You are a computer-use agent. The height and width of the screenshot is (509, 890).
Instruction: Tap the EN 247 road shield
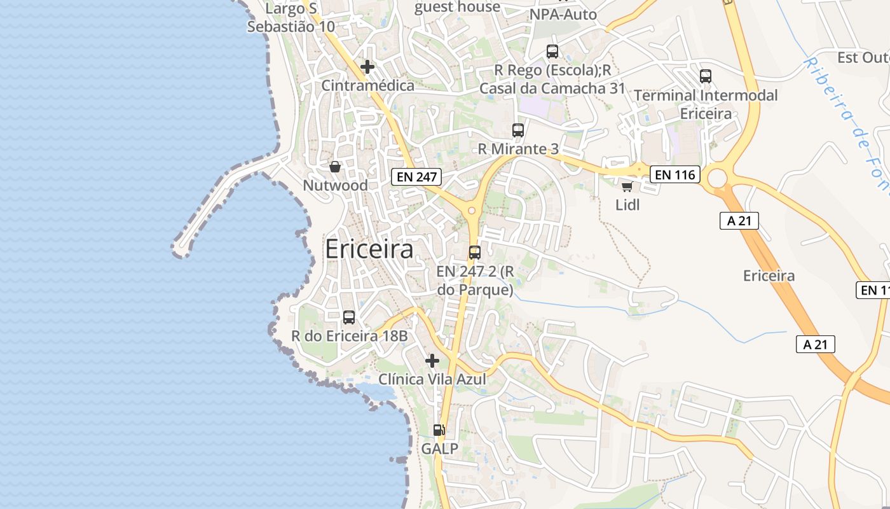point(416,177)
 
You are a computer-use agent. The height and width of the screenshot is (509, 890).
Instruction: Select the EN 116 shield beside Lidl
point(674,174)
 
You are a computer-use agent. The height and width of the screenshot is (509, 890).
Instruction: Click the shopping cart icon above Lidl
point(627,186)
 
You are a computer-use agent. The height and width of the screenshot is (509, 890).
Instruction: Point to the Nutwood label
point(335,185)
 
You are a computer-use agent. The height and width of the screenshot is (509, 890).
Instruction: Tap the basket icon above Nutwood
point(335,167)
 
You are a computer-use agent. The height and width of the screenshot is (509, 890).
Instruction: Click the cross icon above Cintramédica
point(367,66)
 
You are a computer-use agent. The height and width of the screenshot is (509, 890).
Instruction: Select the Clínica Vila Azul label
point(432,379)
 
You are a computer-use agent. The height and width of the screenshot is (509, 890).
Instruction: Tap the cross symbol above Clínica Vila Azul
point(432,361)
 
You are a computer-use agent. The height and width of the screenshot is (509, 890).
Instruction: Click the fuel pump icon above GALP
point(439,430)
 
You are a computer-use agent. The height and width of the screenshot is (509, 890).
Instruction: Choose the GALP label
point(439,449)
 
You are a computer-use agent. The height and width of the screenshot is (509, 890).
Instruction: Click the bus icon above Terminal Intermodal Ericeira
point(706,76)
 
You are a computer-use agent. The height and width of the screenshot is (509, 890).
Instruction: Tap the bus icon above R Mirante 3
point(518,130)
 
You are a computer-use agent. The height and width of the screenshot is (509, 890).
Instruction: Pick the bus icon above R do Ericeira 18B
point(349,317)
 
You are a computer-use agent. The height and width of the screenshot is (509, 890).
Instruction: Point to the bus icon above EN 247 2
point(475,252)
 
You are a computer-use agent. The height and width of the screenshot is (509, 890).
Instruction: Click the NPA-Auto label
point(563,14)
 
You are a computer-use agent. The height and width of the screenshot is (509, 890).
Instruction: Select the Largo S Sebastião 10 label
point(291,17)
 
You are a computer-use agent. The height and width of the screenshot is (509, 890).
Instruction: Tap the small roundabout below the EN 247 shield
point(472,211)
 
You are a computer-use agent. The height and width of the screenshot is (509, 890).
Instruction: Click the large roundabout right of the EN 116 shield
point(717,178)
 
